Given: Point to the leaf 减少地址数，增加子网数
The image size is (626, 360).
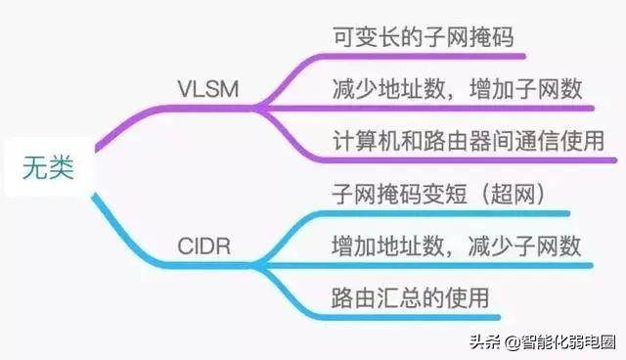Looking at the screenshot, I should (458, 90).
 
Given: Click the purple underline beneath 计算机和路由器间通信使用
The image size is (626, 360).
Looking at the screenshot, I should (469, 159).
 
